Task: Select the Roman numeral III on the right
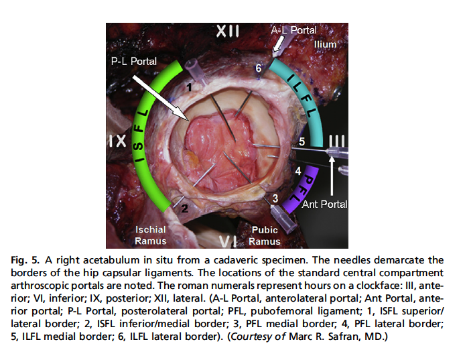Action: coord(338,141)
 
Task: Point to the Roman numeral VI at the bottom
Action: coord(229,239)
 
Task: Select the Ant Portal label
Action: coord(324,204)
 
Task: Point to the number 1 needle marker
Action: coord(190,87)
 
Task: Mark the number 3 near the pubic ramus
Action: coord(274,198)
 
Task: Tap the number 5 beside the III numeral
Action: coord(302,141)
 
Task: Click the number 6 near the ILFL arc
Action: coord(258,68)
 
